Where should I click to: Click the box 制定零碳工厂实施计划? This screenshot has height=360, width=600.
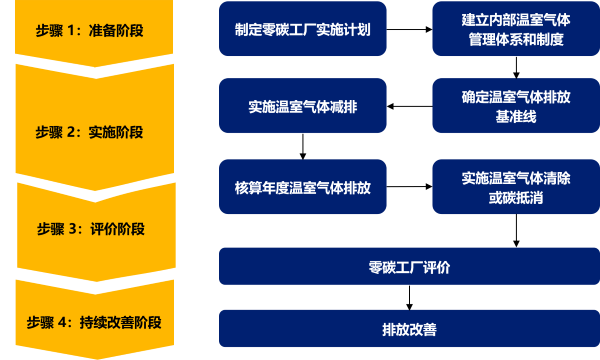coord(302,29)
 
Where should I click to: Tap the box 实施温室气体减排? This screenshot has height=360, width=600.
coord(302,106)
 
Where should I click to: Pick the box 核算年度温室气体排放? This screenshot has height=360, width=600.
coord(302,186)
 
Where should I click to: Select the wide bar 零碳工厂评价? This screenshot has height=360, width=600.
coord(409,267)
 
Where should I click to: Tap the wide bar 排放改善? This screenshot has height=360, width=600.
coord(409,329)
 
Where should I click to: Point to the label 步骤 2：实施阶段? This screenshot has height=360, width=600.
coord(90,131)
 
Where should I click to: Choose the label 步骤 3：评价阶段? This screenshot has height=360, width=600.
coord(90,229)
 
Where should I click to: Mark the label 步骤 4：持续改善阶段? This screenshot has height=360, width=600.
coord(93,322)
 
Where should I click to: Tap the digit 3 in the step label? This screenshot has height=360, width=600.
coord(71,229)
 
